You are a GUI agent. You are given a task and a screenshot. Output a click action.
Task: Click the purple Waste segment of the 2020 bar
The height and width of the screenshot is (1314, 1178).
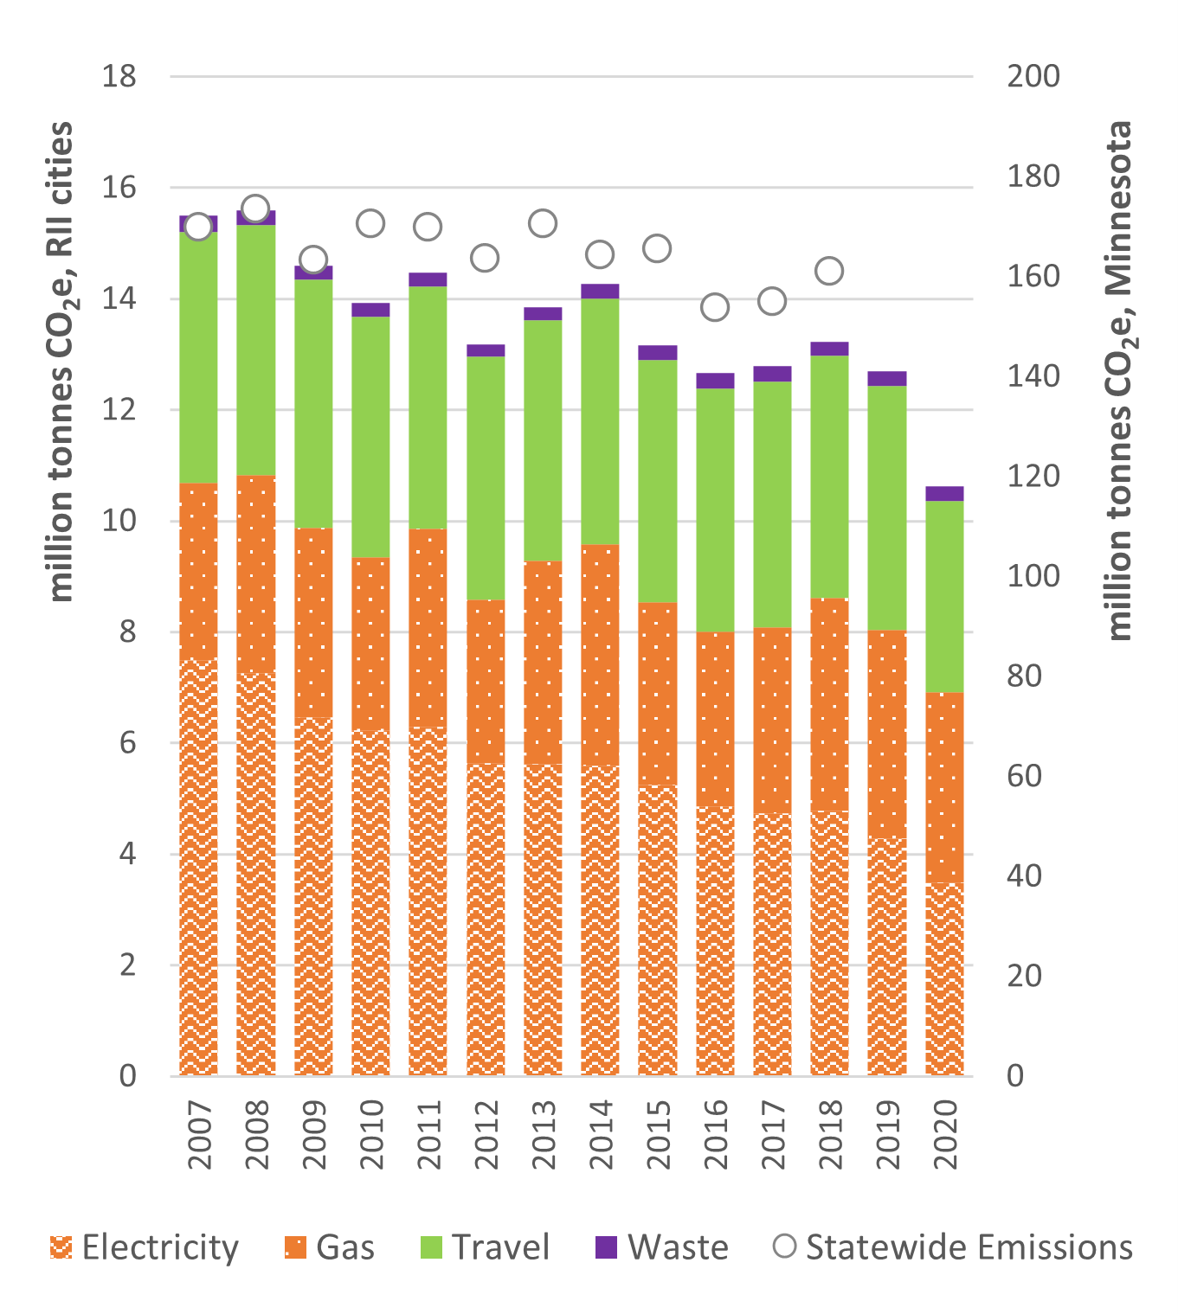(x=944, y=494)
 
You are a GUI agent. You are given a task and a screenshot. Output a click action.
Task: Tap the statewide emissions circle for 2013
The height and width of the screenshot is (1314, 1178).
(x=543, y=223)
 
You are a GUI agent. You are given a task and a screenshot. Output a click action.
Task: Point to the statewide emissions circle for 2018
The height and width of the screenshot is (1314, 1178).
(x=829, y=271)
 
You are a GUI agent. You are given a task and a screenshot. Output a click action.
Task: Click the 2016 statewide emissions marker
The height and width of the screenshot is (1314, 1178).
(x=715, y=307)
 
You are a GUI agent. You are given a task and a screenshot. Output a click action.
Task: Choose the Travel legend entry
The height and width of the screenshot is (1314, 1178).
(x=485, y=1247)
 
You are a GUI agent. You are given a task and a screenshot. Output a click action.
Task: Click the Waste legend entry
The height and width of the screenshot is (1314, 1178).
(x=662, y=1247)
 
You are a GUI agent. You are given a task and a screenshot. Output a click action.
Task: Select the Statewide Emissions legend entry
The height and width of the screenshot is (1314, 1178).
(x=952, y=1247)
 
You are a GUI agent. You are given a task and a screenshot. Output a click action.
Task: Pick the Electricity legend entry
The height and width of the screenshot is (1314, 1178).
(x=145, y=1247)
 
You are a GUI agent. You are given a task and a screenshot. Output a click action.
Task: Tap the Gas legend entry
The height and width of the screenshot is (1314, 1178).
(x=330, y=1247)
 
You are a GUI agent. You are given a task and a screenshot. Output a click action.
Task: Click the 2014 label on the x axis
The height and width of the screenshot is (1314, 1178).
(x=600, y=1134)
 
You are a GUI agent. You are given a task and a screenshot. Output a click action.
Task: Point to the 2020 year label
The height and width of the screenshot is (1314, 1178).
(x=944, y=1134)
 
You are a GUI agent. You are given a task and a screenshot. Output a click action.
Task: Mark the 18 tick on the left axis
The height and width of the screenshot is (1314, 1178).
(x=119, y=77)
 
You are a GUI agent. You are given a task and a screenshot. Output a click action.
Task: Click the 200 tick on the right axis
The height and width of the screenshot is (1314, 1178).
(x=1033, y=77)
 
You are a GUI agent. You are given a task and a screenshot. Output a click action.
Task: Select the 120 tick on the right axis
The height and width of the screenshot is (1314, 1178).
(x=1033, y=477)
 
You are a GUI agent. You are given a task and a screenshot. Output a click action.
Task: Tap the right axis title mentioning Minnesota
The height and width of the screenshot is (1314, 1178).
(x=1119, y=381)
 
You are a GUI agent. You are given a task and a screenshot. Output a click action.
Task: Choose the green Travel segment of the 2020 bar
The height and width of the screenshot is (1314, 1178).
(x=944, y=597)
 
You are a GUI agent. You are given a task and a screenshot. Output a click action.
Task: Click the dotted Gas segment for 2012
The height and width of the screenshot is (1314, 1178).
(x=486, y=682)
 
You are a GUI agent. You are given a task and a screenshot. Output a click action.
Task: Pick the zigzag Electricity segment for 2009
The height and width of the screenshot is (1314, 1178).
(x=313, y=896)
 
